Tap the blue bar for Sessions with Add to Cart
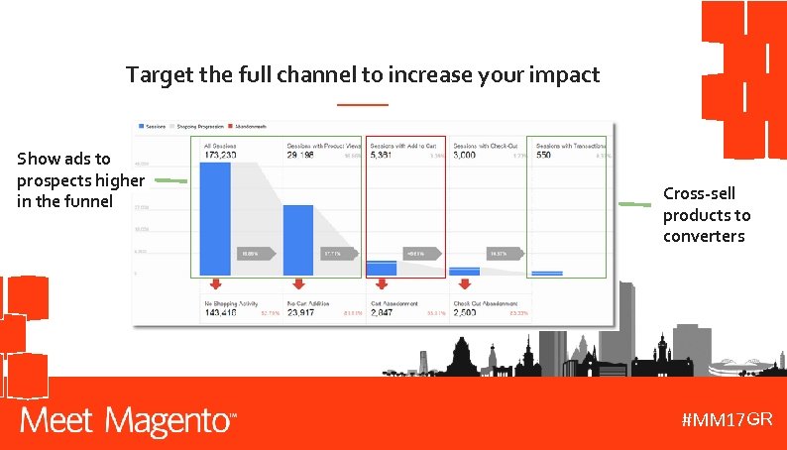(381, 268)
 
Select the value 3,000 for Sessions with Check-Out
(468, 156)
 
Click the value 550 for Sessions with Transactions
(544, 156)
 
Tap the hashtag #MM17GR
(727, 419)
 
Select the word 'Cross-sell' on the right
(699, 193)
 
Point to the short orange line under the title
(363, 104)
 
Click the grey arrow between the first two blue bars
(255, 254)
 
